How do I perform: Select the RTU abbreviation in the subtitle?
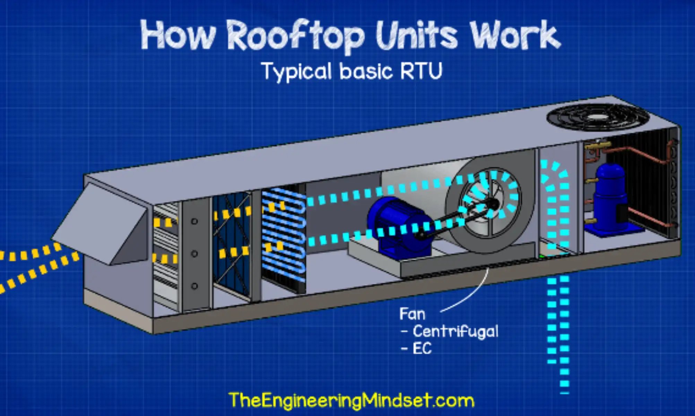pos(421,71)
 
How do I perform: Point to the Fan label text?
pos(412,314)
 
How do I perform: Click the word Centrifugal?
pos(455,331)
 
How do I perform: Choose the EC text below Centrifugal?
pos(422,348)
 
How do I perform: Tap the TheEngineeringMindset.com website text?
pos(351,400)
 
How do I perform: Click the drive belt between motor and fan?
pos(451,222)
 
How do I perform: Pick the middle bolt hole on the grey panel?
pos(194,254)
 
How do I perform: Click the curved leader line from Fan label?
pos(471,295)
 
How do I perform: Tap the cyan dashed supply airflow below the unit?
pos(558,329)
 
